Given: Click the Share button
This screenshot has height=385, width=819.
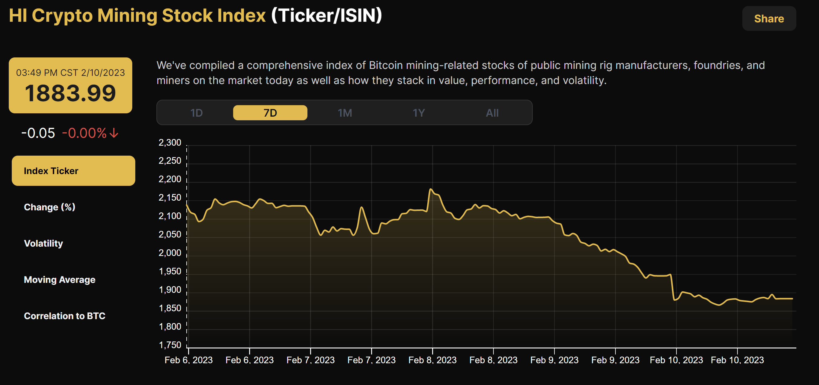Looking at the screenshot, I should tap(769, 19).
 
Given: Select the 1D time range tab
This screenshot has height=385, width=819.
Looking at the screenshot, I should tap(196, 113).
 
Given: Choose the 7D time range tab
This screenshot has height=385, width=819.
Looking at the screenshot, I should tap(270, 113).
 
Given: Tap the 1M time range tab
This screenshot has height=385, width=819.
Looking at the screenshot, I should tap(345, 113).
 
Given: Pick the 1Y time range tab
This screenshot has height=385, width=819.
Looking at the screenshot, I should tap(418, 113).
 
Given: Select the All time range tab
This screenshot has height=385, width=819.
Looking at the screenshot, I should tap(492, 113).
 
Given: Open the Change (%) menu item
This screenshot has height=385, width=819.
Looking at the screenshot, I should tap(50, 207).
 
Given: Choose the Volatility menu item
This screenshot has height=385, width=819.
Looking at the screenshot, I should tap(43, 243).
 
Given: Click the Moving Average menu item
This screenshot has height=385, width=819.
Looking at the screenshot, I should tap(59, 280).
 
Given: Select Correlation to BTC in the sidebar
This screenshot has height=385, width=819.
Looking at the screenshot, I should tap(65, 316).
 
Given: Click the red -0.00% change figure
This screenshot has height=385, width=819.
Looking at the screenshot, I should tap(84, 133).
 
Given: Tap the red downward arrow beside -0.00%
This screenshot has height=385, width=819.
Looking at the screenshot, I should tap(114, 133).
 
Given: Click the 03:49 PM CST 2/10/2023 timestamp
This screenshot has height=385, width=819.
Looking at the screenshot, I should tap(70, 73).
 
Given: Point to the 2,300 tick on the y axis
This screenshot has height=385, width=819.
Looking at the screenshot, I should tap(170, 143).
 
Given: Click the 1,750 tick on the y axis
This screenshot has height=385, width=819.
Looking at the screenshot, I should tap(170, 345).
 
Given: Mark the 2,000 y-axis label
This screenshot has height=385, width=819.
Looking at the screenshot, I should tap(170, 253).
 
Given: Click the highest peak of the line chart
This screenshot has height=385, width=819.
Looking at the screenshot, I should tap(430, 189).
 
